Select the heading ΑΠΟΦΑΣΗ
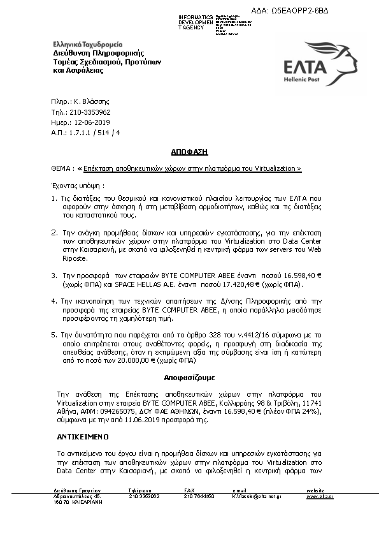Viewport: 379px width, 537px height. pyautogui.click(x=190, y=152)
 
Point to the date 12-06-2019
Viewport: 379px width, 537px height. pyautogui.click(x=92, y=122)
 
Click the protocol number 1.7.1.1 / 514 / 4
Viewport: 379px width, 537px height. pyautogui.click(x=94, y=132)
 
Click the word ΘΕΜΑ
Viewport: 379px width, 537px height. pyautogui.click(x=60, y=168)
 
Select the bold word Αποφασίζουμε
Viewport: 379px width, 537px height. pyautogui.click(x=189, y=377)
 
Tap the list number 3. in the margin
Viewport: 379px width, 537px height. pyautogui.click(x=54, y=274)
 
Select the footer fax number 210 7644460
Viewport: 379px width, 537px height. pyautogui.click(x=199, y=496)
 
